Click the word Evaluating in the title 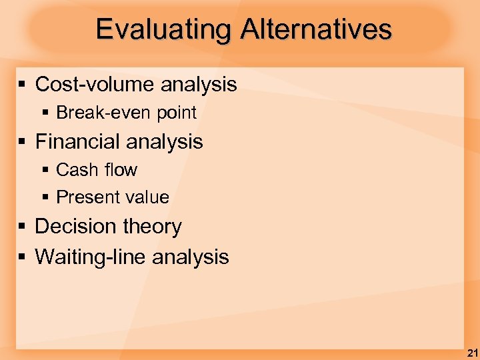click(164, 30)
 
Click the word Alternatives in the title click(316, 30)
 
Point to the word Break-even click(104, 113)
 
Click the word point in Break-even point click(176, 113)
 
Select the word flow click(120, 170)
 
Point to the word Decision click(75, 227)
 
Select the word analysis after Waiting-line click(191, 257)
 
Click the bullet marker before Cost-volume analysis click(22, 85)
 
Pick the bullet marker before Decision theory click(22, 227)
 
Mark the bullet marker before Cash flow click(45, 171)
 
